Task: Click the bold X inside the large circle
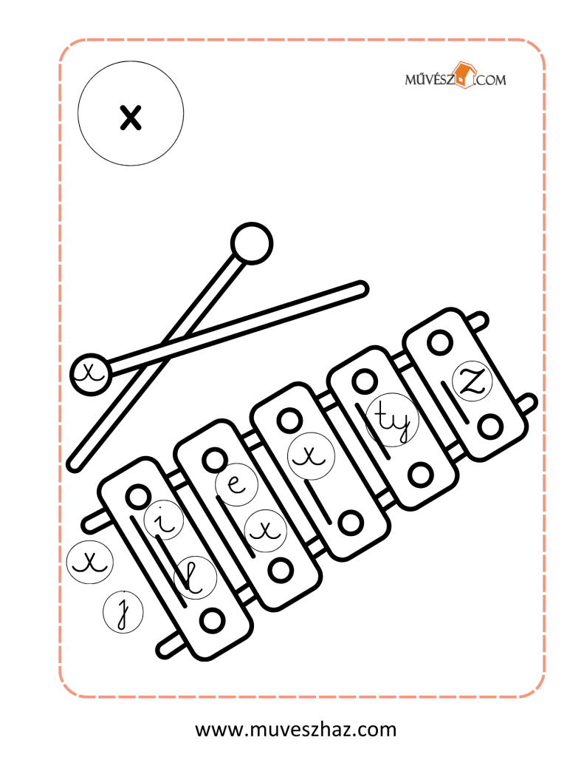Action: click(131, 118)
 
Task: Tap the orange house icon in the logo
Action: click(464, 75)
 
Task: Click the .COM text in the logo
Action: click(491, 80)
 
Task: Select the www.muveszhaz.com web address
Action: click(295, 729)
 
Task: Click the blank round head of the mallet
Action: click(252, 242)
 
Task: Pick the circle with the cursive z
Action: click(472, 381)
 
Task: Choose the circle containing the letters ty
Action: click(392, 420)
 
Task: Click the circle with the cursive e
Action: click(236, 483)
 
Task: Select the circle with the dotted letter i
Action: click(164, 520)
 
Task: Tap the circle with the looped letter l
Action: click(195, 577)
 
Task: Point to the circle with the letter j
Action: click(123, 611)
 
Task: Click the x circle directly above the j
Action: click(89, 561)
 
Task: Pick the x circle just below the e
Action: click(265, 531)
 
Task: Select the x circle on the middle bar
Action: click(311, 455)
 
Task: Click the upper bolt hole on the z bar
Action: click(440, 343)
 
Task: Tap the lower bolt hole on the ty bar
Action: click(420, 475)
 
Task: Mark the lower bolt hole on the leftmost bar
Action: click(212, 620)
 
